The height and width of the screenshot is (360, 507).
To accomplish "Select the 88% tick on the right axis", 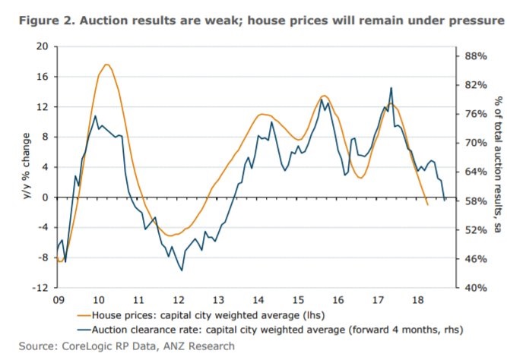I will click(x=475, y=55).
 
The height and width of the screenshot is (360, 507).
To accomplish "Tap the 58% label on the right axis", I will click(x=475, y=201).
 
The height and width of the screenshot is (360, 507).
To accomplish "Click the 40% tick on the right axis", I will click(x=475, y=288).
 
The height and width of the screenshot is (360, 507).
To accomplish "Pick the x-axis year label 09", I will click(x=58, y=300).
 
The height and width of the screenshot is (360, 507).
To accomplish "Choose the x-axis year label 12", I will click(x=179, y=300).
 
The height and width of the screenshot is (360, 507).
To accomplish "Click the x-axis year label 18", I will click(x=418, y=300).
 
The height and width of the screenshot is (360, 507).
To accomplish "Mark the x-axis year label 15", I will click(x=299, y=300).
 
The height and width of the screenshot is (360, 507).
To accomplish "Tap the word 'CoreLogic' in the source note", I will click(x=81, y=346).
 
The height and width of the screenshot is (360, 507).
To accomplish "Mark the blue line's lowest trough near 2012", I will click(x=182, y=270).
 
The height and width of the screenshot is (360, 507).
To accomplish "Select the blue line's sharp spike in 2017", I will click(x=391, y=88).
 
